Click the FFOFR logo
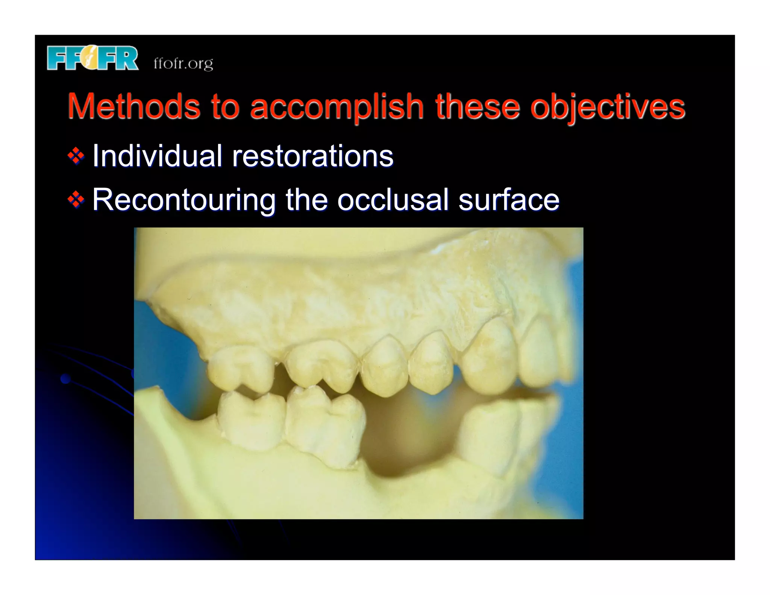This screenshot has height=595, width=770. [x=92, y=58]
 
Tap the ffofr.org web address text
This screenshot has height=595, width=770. [x=183, y=63]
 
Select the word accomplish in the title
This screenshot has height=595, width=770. [x=336, y=107]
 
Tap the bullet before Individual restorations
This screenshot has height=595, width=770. [x=76, y=156]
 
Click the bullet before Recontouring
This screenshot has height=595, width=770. [x=76, y=200]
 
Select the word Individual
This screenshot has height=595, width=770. [x=157, y=156]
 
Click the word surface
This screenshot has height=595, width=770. [x=509, y=200]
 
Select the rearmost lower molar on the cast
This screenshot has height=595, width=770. [x=251, y=419]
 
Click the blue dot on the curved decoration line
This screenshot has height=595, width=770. [x=66, y=379]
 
